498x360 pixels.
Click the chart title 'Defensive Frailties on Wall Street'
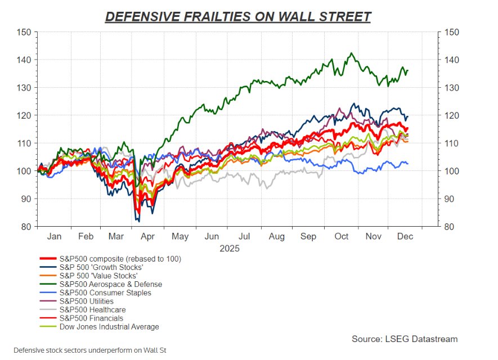tap(238, 16)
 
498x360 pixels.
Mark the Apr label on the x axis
tap(149, 237)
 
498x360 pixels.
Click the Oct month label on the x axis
tap(341, 237)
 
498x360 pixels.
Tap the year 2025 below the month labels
tap(229, 248)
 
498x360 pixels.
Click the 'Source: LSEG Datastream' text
tap(405, 339)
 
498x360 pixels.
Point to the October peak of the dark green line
tap(352, 53)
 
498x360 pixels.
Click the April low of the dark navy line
tap(138, 220)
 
